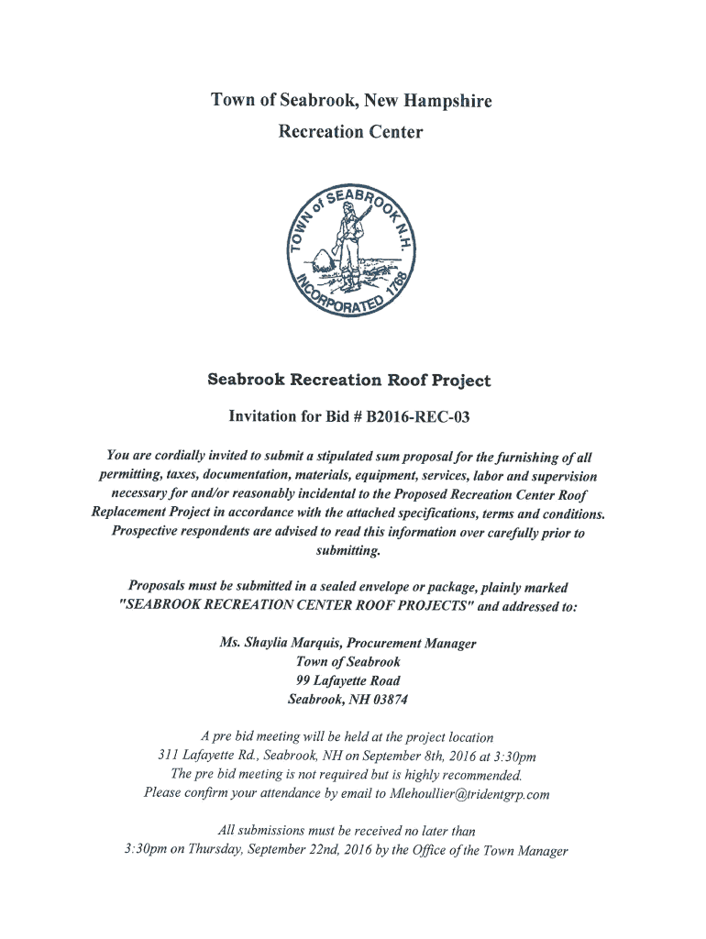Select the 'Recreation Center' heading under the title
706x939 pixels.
(351, 132)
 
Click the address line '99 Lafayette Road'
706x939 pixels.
(347, 680)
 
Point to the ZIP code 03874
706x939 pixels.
(388, 700)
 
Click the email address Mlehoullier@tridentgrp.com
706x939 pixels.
(469, 794)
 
